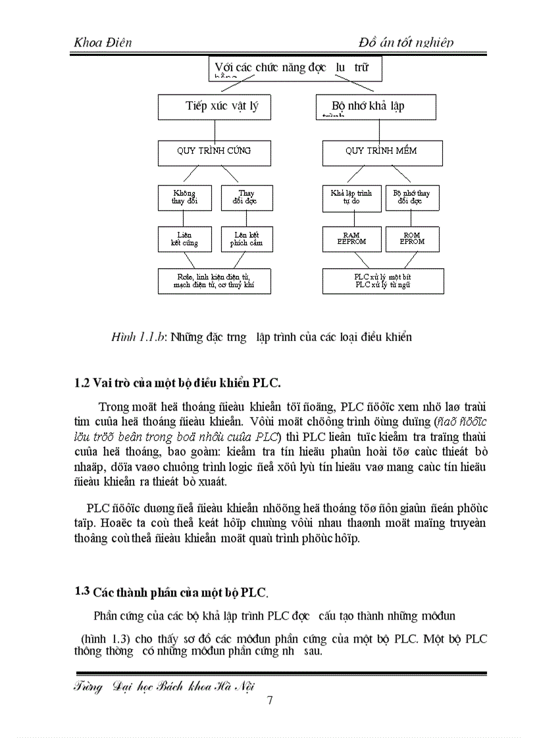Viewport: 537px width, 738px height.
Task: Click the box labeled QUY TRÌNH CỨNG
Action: point(214,152)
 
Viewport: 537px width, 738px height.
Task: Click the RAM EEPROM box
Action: point(351,239)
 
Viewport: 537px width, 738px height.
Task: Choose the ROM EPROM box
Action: point(412,239)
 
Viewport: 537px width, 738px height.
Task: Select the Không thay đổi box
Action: point(184,198)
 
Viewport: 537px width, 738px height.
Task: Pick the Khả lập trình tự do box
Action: point(351,198)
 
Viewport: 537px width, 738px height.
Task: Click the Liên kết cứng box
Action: point(184,239)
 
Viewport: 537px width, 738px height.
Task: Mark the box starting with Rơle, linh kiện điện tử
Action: point(214,281)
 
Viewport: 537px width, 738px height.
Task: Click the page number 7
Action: point(269,699)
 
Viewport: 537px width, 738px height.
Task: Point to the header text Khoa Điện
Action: point(103,43)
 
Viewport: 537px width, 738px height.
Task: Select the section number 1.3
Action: point(82,591)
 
